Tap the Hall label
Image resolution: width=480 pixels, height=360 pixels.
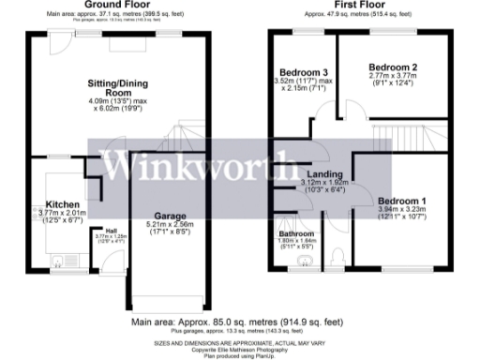click(x=111, y=231)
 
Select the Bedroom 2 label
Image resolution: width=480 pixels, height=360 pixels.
click(x=392, y=67)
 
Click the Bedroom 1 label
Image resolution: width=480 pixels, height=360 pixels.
click(x=401, y=201)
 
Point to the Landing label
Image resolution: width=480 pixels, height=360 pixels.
click(x=323, y=174)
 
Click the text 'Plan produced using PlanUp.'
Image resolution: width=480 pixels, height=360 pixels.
click(x=240, y=355)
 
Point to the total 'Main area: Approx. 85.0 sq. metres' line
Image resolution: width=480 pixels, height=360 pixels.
click(x=240, y=325)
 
